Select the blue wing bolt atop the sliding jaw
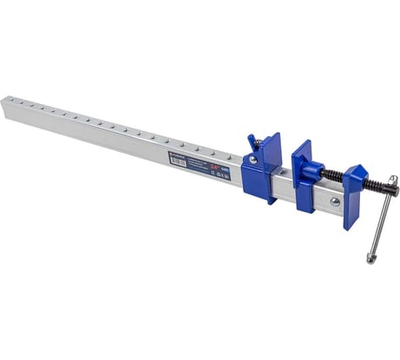[x=252, y=141]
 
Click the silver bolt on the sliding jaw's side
[x=253, y=160]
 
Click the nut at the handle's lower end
[x=372, y=258]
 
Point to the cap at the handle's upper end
[x=393, y=180]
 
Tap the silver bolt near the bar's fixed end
[x=335, y=202]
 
